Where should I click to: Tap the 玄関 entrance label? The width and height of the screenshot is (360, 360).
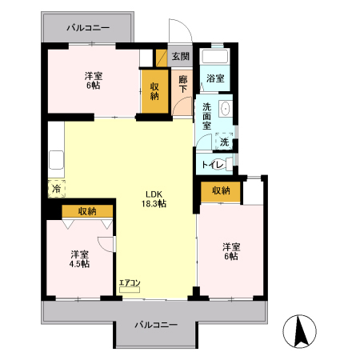point(181,57)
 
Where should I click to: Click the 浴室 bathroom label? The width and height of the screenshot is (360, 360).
point(214,78)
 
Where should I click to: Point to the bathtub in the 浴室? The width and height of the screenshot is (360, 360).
point(214,57)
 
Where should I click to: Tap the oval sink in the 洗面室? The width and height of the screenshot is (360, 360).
point(226,110)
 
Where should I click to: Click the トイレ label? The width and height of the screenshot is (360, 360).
point(211,165)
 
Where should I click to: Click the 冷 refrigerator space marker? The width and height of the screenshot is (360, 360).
point(56,189)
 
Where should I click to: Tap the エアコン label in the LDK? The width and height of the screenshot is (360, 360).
point(130,283)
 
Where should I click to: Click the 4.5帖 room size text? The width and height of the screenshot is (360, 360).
point(78,263)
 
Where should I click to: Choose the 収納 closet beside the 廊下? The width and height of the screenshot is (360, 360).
point(155,90)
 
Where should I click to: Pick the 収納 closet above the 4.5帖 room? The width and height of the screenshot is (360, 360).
point(86,211)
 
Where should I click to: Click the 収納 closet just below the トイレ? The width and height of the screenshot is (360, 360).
point(221,190)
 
